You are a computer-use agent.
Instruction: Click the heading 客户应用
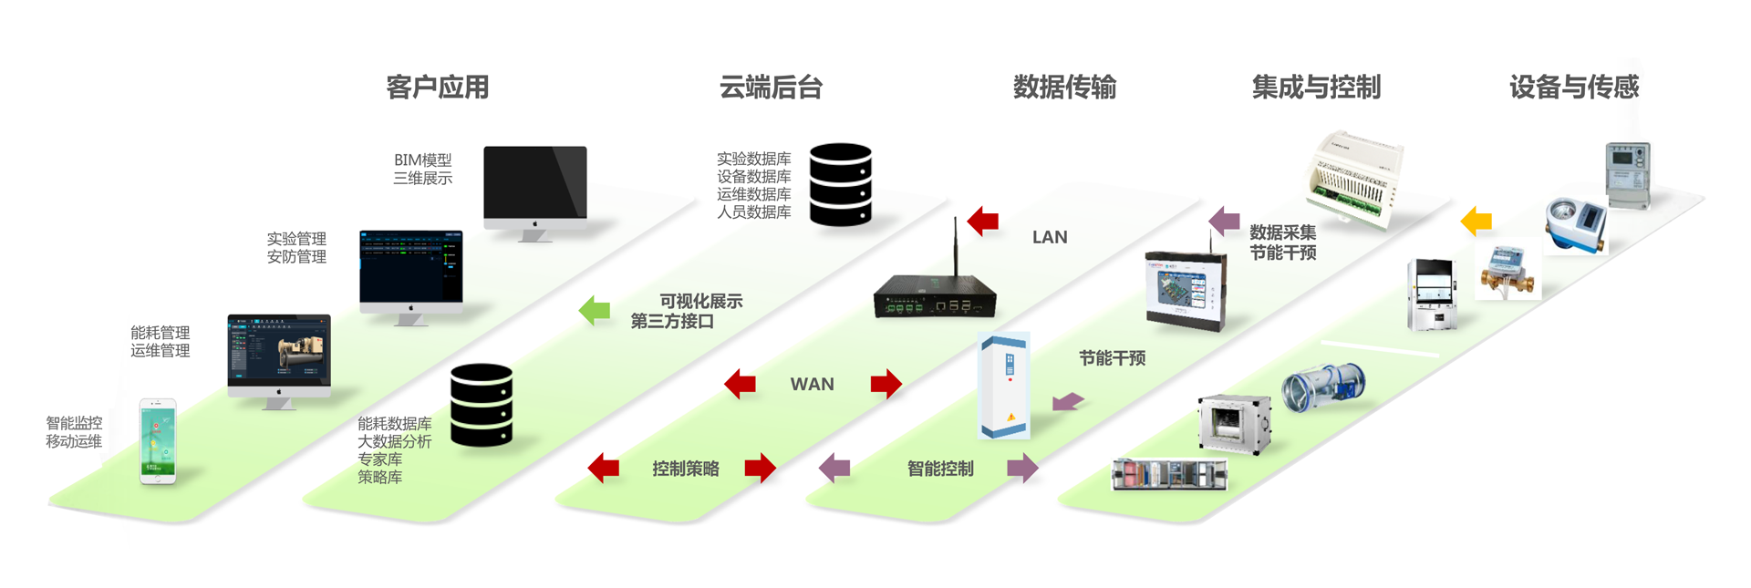point(438,88)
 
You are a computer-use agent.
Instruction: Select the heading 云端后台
point(771,88)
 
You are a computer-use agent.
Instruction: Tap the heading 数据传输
point(1064,88)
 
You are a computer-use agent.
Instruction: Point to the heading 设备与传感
point(1574,88)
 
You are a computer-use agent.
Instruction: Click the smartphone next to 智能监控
point(157,441)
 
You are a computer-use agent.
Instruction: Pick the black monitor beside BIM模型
point(535,186)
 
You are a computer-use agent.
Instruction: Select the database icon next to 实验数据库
point(840,184)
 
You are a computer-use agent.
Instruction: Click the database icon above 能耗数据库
point(481,405)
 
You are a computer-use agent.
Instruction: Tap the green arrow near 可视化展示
point(595,311)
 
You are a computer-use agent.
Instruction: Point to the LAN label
point(1050,237)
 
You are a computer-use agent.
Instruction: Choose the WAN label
point(812,385)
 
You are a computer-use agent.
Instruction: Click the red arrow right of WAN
point(886,384)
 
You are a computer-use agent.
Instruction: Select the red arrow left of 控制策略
point(604,469)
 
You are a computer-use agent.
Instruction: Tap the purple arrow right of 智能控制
point(1022,469)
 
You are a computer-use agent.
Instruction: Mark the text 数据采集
point(1282,232)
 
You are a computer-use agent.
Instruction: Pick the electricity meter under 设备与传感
point(1627,174)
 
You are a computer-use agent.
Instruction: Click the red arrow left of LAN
point(983,221)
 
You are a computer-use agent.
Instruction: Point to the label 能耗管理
point(161,333)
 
